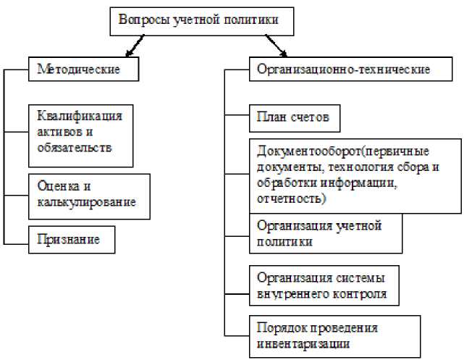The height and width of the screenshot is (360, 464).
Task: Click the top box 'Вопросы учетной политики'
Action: tap(203, 21)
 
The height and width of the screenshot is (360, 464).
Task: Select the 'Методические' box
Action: tap(83, 70)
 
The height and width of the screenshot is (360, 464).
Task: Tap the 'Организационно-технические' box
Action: tap(343, 70)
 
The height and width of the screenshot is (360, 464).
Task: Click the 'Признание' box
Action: tap(72, 238)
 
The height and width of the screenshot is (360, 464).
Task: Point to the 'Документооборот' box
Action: tap(354, 175)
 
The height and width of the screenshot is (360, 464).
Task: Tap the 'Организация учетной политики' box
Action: tap(325, 233)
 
